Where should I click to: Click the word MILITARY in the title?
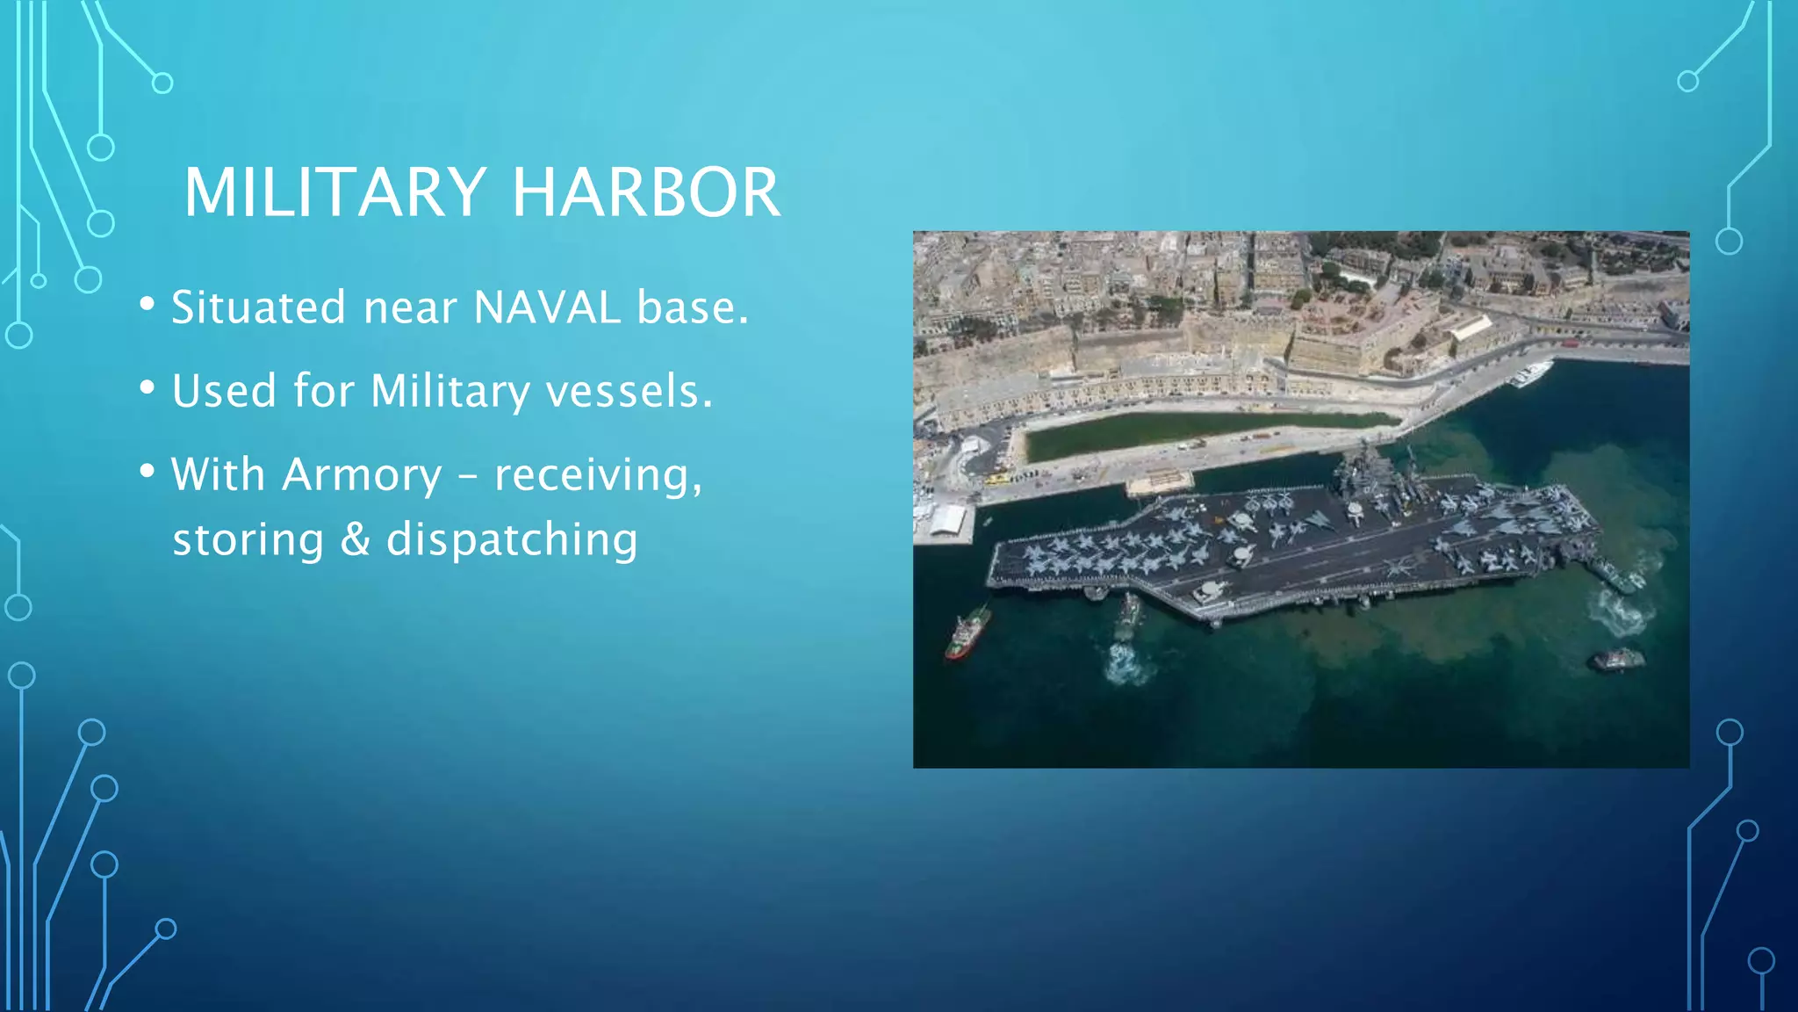334,192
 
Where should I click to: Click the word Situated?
259,307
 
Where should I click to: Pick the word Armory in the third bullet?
362,475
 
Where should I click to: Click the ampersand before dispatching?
355,539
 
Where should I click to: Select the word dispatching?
512,540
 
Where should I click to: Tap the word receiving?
598,475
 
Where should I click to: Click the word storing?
248,540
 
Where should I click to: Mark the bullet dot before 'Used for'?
147,387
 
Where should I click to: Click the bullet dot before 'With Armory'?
147,472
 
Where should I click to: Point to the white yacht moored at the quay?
1529,374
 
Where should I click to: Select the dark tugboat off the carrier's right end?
1617,659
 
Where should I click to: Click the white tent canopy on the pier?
948,520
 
